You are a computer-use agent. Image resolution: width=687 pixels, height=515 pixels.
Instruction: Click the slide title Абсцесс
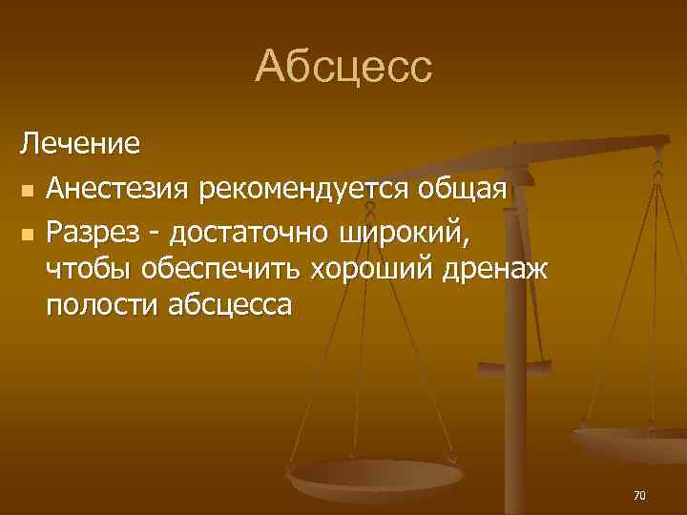[x=343, y=67]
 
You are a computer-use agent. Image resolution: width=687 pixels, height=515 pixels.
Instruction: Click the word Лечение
[x=81, y=145]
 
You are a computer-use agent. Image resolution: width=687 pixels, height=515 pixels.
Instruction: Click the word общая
[x=462, y=189]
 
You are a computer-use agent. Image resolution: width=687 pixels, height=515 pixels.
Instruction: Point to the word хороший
[x=369, y=269]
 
